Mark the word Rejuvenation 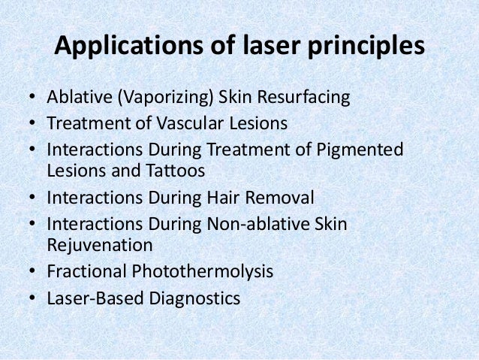click(x=99, y=245)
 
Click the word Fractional click(x=85, y=271)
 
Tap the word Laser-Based click(x=91, y=298)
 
